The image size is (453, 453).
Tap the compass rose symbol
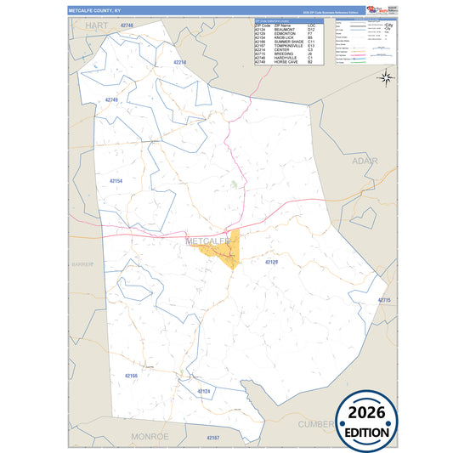(385, 78)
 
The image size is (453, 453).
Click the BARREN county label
(82, 264)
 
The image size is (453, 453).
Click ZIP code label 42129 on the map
(271, 263)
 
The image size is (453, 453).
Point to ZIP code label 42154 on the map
(116, 181)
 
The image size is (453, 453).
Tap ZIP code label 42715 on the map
(383, 301)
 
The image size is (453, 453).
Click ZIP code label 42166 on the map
(132, 374)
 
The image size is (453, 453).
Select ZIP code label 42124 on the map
(204, 391)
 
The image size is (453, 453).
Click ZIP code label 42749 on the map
(110, 100)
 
